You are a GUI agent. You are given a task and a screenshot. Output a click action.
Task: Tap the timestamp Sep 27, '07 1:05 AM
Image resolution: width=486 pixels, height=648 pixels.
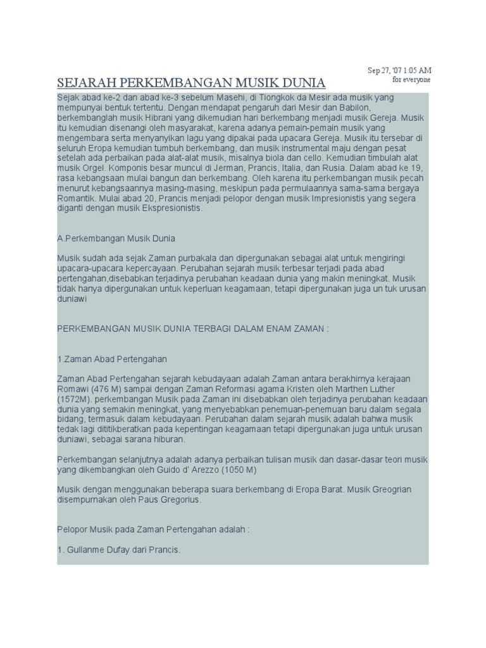[x=400, y=70]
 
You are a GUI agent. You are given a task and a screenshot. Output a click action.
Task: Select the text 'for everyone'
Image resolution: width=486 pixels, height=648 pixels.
[x=411, y=80]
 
